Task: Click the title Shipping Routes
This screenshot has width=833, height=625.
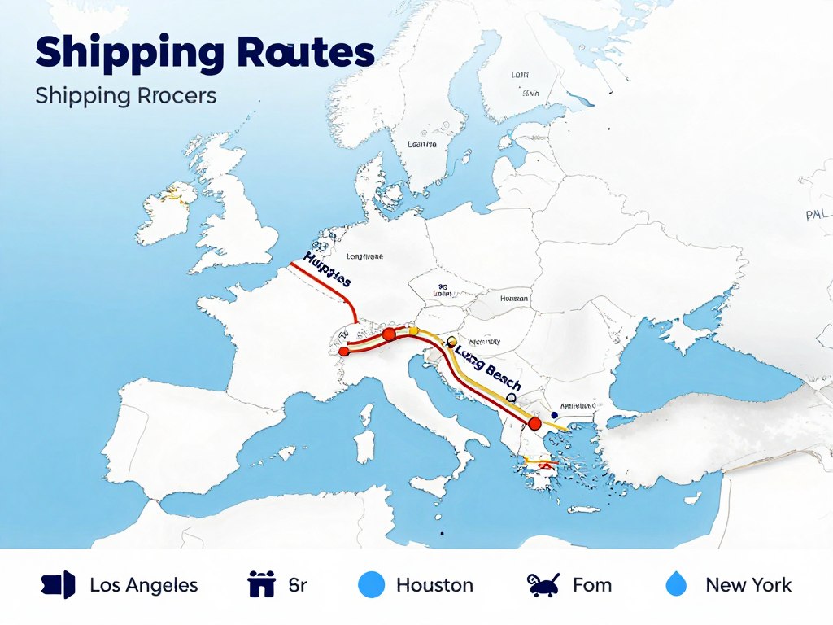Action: (x=205, y=53)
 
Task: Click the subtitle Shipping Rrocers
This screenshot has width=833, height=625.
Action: (x=126, y=95)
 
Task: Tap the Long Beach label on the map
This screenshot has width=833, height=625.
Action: (x=488, y=368)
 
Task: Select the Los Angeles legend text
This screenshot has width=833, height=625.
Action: (x=143, y=584)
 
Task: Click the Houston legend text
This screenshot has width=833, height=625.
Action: (x=434, y=584)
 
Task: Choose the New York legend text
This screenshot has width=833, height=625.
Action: (x=748, y=584)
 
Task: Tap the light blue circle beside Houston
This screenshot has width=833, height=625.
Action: (x=371, y=584)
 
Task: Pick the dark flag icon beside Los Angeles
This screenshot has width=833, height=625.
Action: (x=58, y=584)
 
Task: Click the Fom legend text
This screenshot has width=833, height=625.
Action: (x=592, y=584)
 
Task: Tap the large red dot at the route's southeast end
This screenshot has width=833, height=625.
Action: (x=534, y=423)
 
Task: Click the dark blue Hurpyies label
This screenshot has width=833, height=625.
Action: (x=327, y=269)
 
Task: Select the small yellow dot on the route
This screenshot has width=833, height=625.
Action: (x=413, y=330)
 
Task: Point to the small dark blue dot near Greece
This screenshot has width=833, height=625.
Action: (x=554, y=392)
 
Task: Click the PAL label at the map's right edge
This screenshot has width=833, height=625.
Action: (x=817, y=216)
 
